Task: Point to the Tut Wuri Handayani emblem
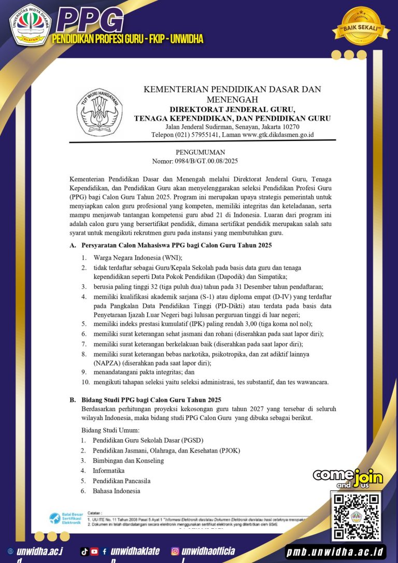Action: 99,111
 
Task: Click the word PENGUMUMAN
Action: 201,152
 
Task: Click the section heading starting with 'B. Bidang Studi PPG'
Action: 151,400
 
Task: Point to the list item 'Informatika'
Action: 108,471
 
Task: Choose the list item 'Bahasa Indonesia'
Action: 116,491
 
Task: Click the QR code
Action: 356,516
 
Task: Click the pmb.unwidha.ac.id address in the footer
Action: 336,551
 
